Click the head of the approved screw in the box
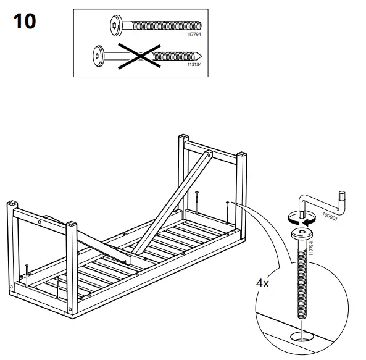[x=115, y=27]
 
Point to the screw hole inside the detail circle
[x=301, y=337]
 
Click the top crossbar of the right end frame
[x=210, y=148]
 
